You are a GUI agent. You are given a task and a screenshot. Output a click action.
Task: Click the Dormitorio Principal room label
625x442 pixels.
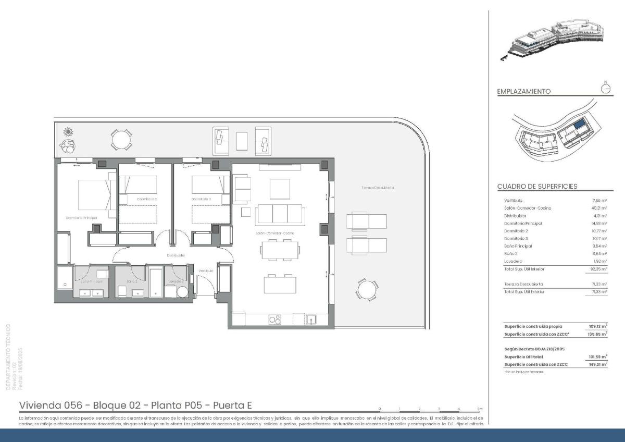click(81, 217)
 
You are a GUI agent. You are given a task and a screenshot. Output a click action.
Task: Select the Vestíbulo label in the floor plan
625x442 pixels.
click(206, 271)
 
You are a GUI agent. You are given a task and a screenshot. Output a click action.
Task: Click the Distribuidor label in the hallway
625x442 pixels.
click(176, 255)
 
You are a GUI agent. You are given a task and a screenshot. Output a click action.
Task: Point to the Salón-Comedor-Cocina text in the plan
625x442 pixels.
click(275, 233)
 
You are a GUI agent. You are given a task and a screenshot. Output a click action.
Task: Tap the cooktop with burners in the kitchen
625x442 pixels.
click(274, 320)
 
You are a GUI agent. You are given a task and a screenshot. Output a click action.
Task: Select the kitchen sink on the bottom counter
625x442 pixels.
click(311, 319)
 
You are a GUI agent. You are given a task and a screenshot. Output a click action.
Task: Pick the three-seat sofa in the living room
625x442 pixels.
click(280, 214)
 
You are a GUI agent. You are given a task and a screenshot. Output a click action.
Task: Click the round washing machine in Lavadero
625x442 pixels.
click(181, 291)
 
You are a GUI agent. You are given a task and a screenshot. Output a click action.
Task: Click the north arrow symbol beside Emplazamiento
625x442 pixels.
click(606, 88)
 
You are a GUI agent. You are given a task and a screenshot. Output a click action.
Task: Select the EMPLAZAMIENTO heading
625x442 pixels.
click(523, 91)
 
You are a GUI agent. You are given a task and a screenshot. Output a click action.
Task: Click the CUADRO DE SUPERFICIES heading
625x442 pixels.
click(536, 186)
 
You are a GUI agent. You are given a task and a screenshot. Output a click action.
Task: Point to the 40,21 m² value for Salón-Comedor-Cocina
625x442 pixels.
click(600, 208)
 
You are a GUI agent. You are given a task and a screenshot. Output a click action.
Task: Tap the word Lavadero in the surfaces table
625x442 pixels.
click(513, 261)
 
